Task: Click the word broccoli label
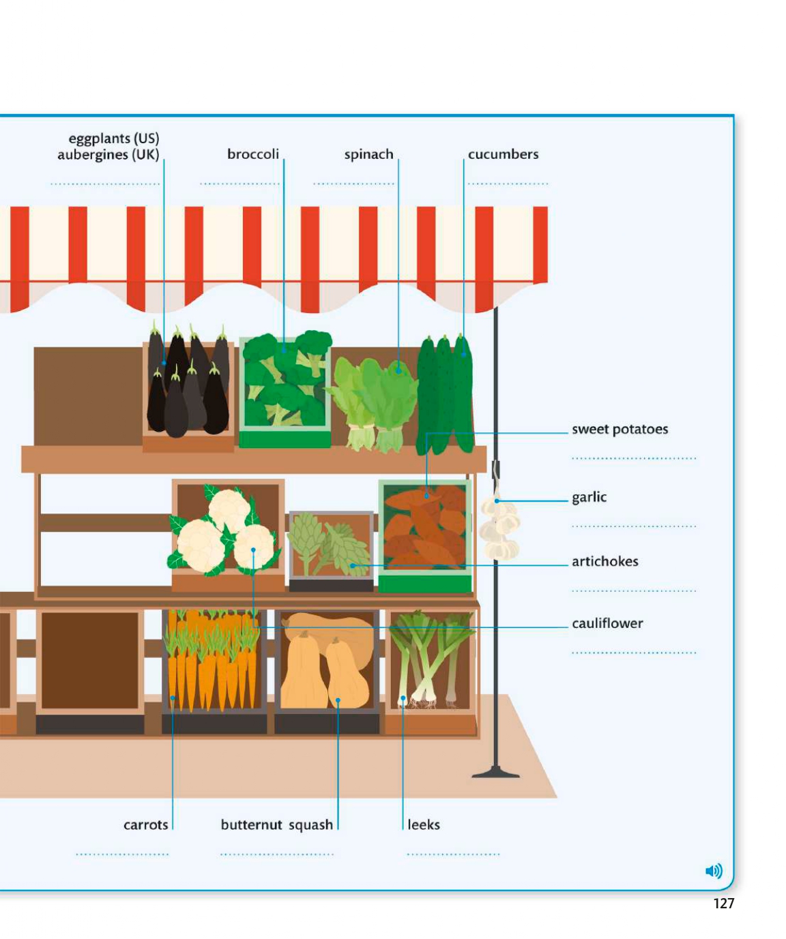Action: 253,155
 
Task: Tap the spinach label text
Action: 368,155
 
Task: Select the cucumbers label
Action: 503,155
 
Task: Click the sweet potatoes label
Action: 620,430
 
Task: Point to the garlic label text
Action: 589,497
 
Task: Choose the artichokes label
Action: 605,561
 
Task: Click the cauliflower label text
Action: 607,623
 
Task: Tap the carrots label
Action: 145,825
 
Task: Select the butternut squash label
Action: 276,825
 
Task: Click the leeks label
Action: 424,825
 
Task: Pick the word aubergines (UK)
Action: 108,155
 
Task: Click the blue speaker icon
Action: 713,871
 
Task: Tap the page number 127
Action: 723,904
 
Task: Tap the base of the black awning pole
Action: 496,773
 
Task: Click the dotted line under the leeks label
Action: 453,854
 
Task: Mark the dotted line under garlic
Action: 634,526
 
